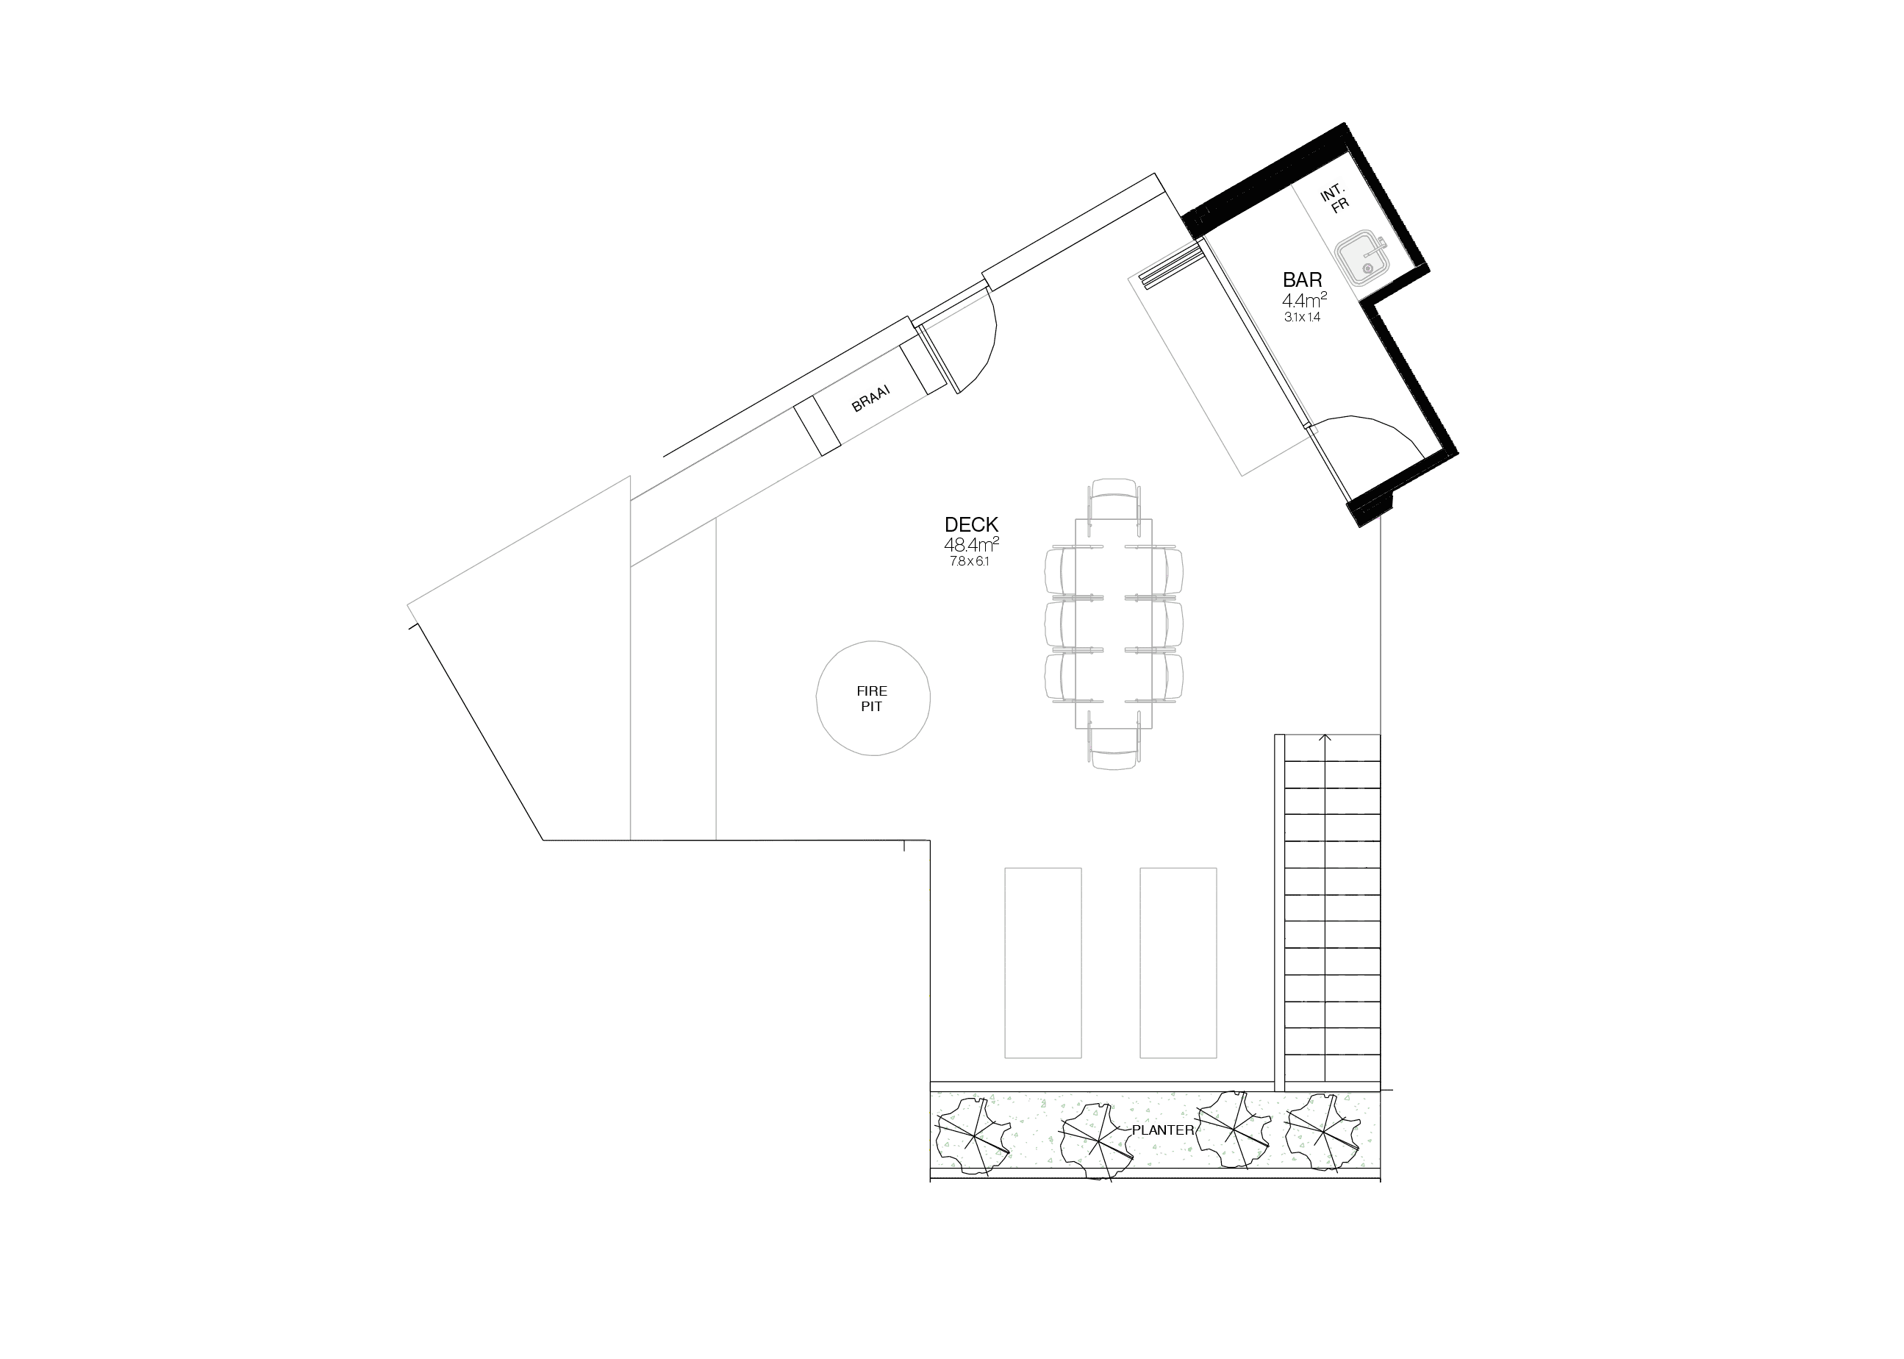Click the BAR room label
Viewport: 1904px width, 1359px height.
[x=1303, y=279]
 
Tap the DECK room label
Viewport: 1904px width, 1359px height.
[x=971, y=524]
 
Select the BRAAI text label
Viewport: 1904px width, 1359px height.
[x=871, y=399]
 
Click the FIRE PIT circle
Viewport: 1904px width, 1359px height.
[x=873, y=699]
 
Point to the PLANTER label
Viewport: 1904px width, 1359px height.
[x=1163, y=1130]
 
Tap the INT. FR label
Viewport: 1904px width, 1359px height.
[x=1335, y=200]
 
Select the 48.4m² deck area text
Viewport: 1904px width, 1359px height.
[x=971, y=545]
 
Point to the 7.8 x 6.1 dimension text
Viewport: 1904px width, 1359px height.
[x=970, y=562]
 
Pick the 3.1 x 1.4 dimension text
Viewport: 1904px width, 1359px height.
[x=1303, y=318]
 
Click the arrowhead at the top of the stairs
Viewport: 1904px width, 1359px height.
[x=1325, y=738]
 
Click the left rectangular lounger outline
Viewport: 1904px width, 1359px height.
[x=1042, y=963]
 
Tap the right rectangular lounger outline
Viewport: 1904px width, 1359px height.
[x=1178, y=963]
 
